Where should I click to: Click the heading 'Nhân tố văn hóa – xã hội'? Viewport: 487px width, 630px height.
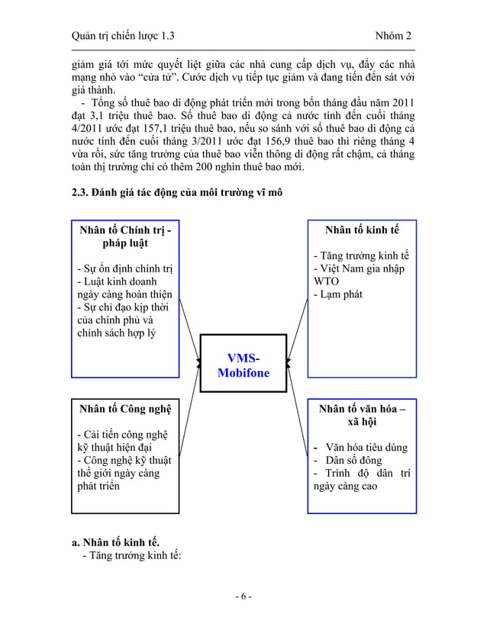[362, 416]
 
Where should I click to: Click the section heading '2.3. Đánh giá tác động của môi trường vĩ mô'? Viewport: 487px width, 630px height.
[176, 192]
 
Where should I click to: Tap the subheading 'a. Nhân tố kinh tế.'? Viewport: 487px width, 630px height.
[115, 543]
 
